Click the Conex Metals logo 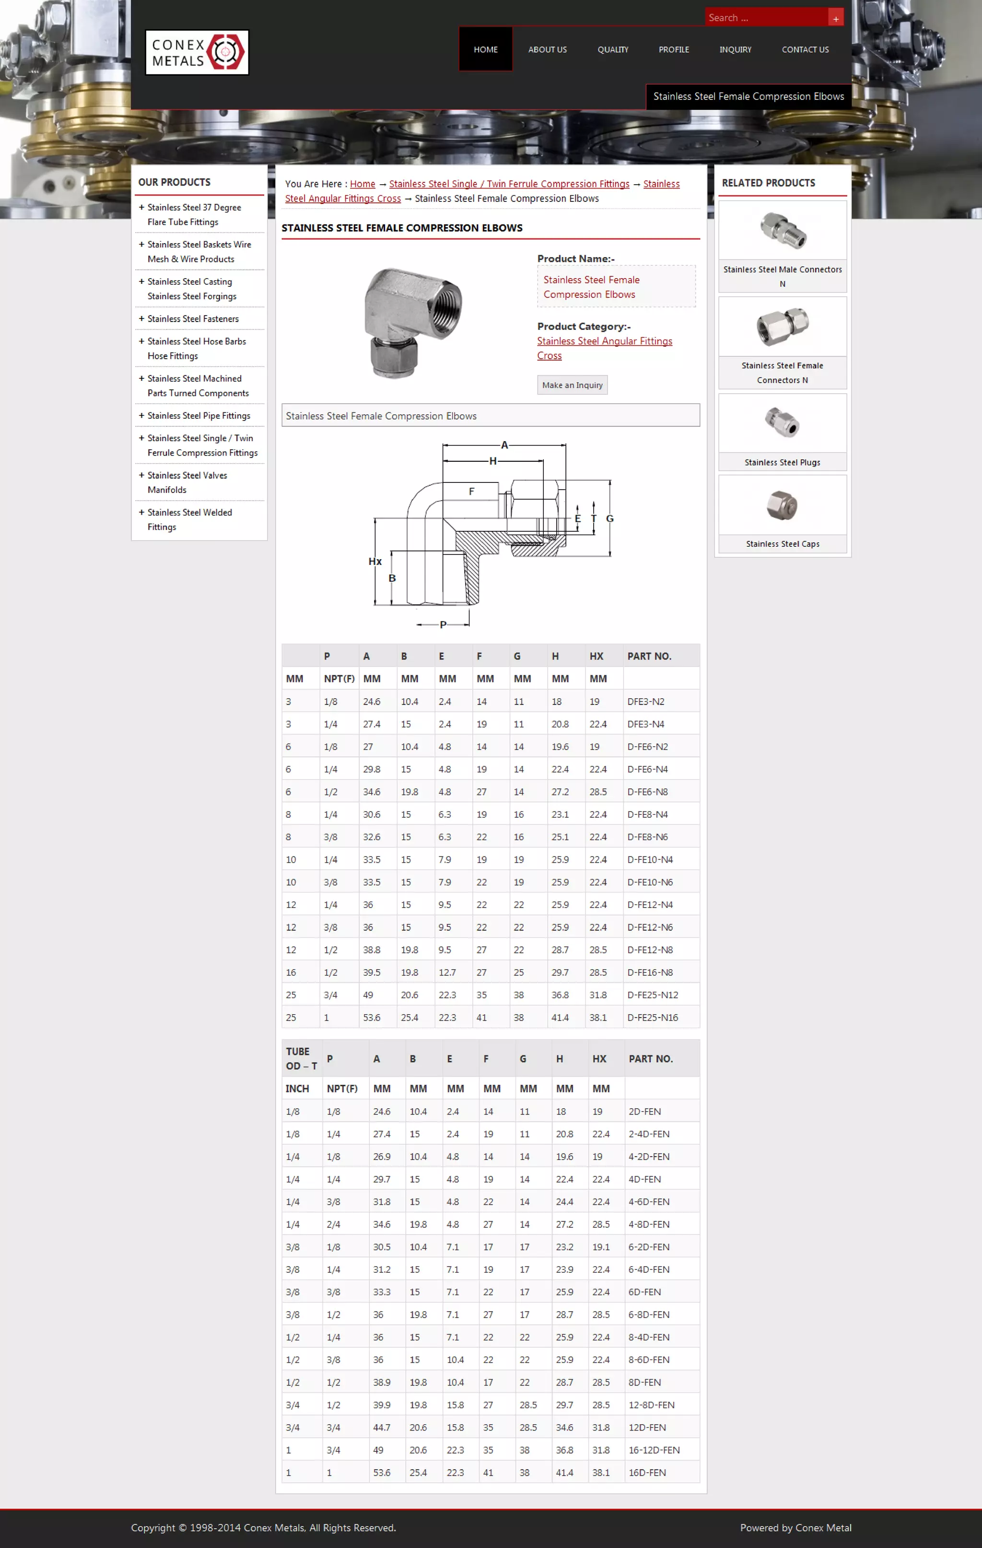[197, 53]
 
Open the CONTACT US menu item [805, 49]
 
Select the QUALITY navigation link [612, 49]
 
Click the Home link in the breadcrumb [362, 184]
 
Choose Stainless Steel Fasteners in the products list [193, 319]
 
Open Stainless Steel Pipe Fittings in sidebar [199, 416]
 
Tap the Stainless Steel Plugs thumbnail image [782, 423]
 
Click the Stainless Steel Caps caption [782, 544]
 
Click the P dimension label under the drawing [443, 624]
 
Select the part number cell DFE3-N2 [646, 702]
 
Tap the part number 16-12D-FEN [654, 1450]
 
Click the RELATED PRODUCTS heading [768, 183]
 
